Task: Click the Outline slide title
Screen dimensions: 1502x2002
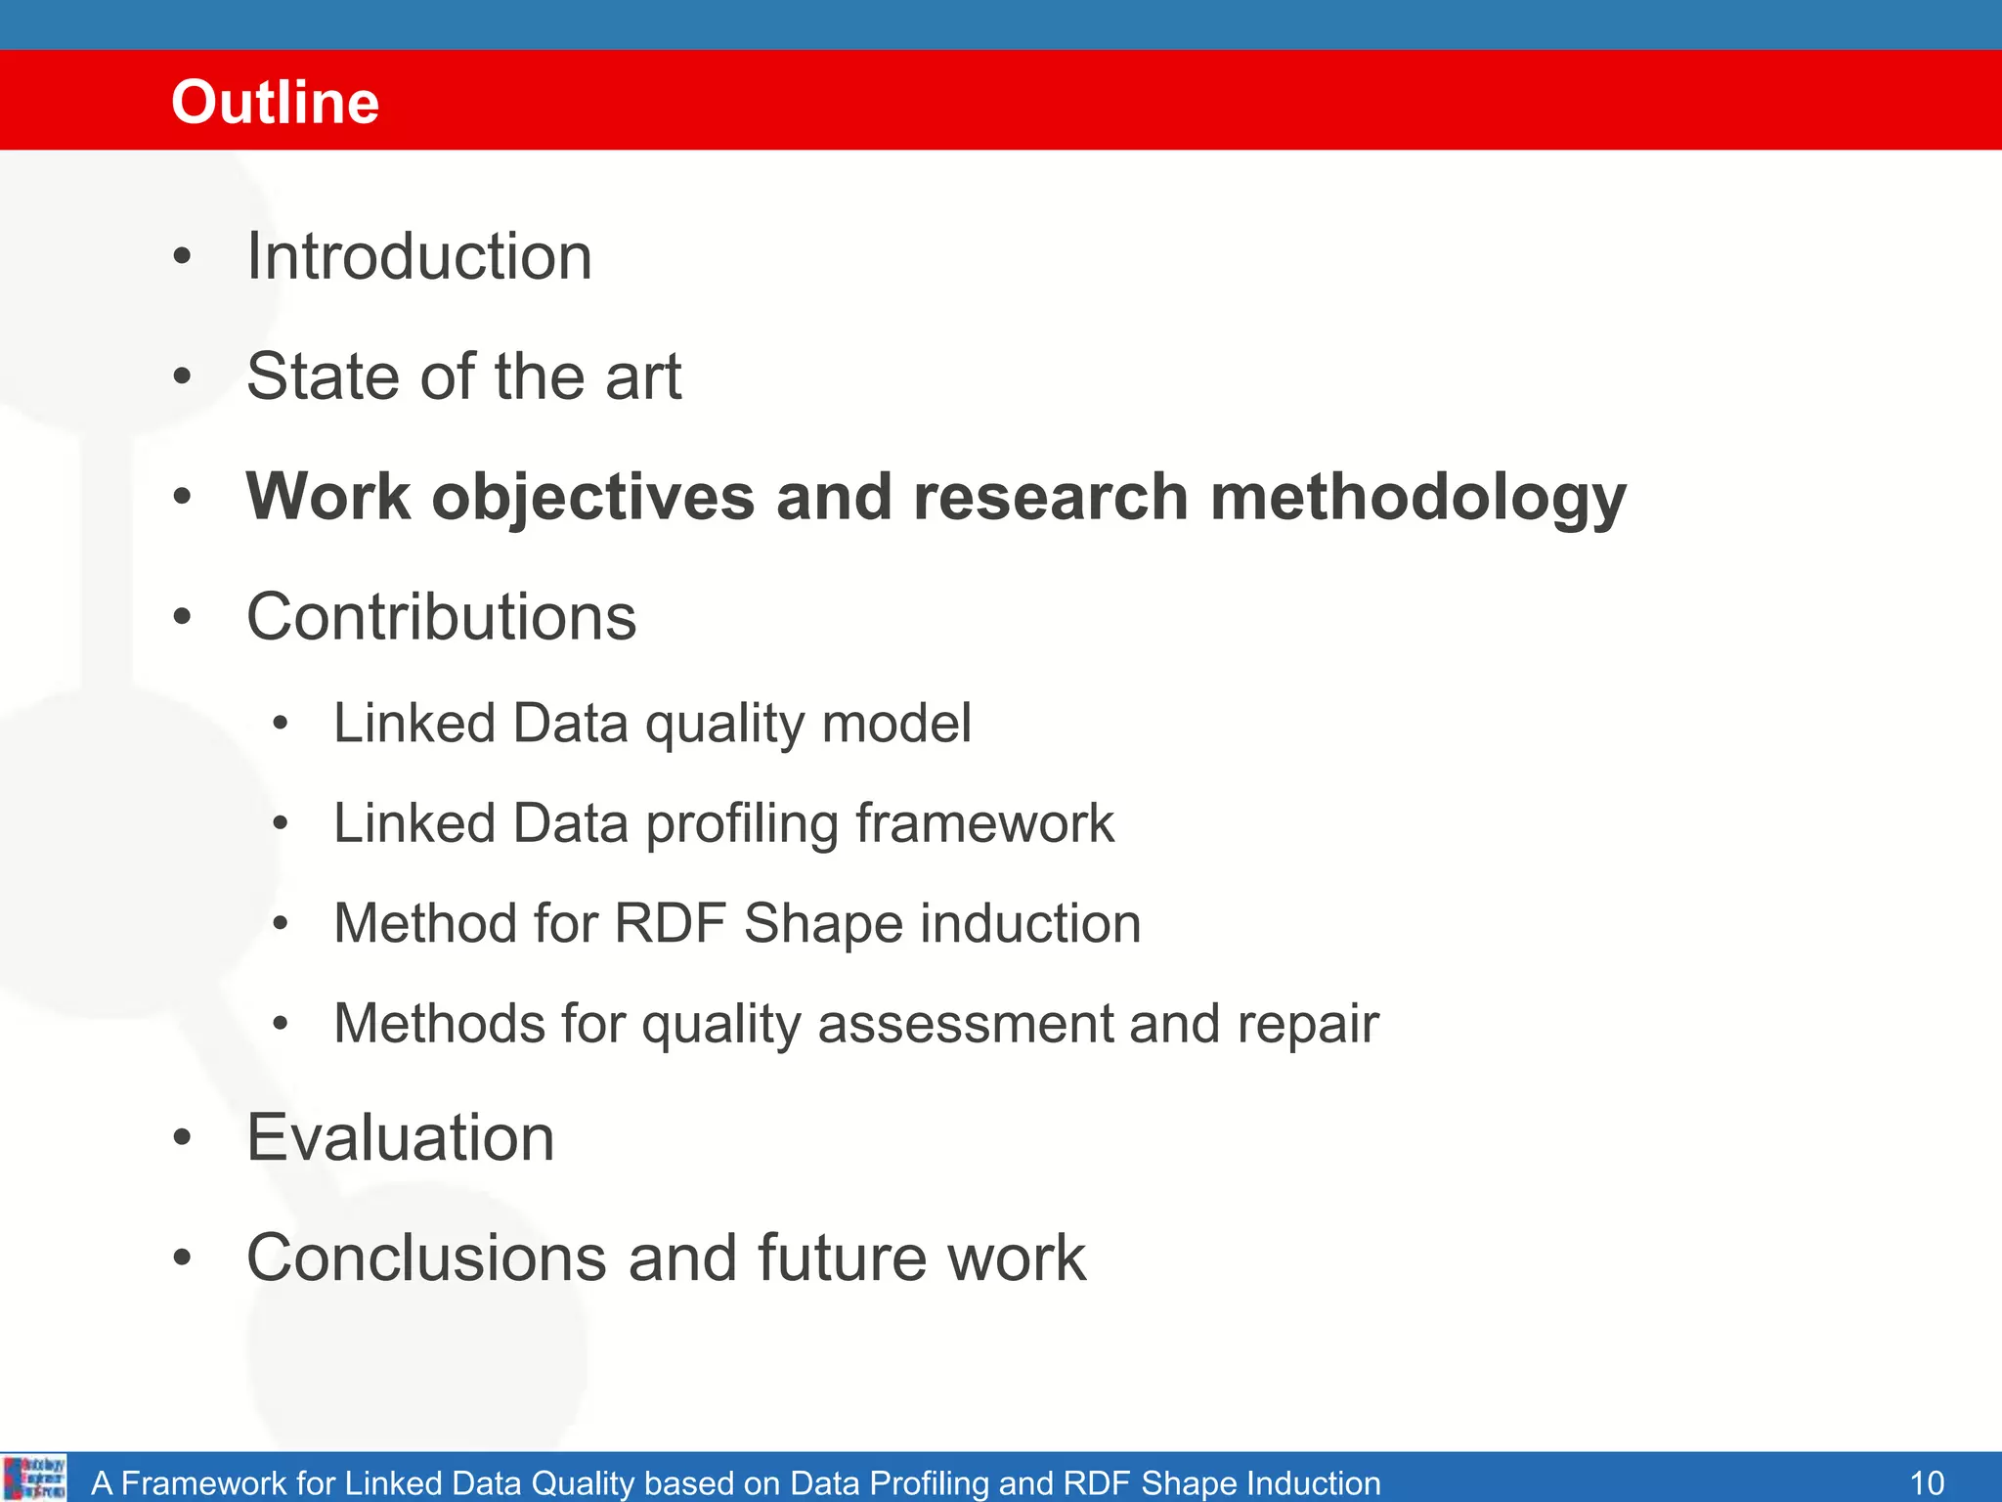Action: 275,102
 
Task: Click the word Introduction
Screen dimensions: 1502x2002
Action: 418,257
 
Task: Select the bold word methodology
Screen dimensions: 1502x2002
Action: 1417,499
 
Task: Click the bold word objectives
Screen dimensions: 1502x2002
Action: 593,499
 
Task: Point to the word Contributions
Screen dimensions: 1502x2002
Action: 441,617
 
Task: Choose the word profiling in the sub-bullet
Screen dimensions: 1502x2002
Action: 742,824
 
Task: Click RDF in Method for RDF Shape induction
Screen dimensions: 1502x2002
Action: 670,923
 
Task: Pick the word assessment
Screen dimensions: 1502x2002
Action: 964,1024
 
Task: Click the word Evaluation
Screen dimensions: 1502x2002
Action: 400,1137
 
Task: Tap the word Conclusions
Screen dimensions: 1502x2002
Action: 426,1258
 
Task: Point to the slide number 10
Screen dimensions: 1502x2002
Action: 1927,1482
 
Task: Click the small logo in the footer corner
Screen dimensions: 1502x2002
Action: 35,1478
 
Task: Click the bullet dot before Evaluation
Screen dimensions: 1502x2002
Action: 182,1137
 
